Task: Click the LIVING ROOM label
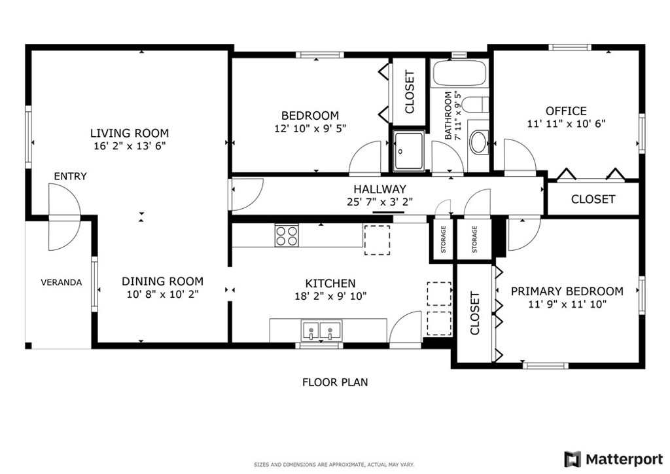click(129, 133)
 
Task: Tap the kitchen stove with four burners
click(286, 235)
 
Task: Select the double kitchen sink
click(321, 330)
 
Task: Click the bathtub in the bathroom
click(460, 73)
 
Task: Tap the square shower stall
click(408, 151)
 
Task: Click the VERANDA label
click(61, 282)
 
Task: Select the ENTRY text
click(70, 176)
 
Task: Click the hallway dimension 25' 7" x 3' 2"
click(379, 202)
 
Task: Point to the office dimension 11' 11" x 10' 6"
click(566, 124)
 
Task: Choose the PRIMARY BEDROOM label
click(567, 291)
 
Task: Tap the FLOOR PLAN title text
click(334, 382)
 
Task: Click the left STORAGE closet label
click(443, 239)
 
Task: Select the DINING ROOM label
click(162, 282)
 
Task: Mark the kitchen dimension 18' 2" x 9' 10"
click(330, 296)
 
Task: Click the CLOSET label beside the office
click(593, 199)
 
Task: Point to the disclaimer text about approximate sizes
click(334, 464)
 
